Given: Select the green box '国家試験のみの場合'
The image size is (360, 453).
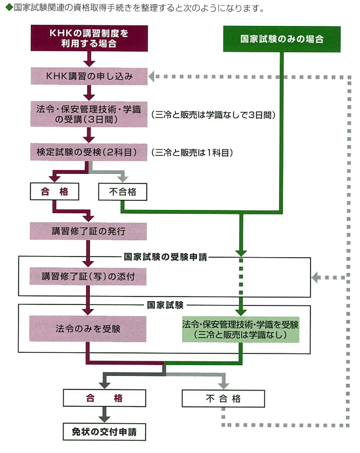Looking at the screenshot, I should pyautogui.click(x=281, y=39).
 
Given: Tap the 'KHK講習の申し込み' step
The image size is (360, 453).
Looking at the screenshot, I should pyautogui.click(x=88, y=76).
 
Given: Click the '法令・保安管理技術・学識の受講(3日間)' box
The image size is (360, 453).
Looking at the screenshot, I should pyautogui.click(x=88, y=113).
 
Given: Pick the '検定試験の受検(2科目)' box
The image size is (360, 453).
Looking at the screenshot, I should pyautogui.click(x=88, y=152).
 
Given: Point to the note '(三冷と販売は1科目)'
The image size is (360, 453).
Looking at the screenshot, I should pyautogui.click(x=192, y=152).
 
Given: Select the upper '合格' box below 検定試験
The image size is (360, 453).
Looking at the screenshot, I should pyautogui.click(x=54, y=192).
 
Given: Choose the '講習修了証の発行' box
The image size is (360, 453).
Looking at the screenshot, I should pyautogui.click(x=88, y=231).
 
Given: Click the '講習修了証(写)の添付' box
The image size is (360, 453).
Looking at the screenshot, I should pyautogui.click(x=88, y=276).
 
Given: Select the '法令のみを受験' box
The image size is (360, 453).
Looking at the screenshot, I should pyautogui.click(x=88, y=328).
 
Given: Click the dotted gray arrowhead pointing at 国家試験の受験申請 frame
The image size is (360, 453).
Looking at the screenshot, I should pyautogui.click(x=316, y=276).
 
